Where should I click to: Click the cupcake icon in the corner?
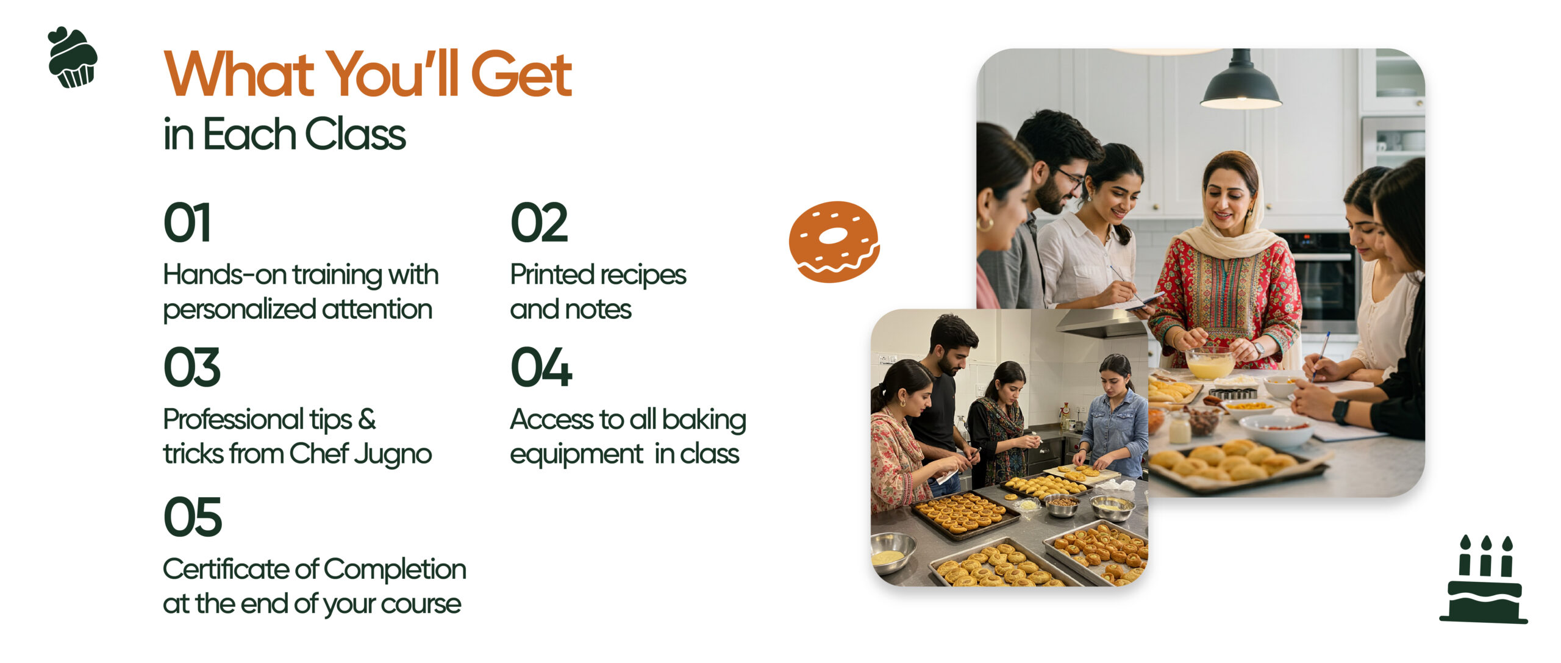[72, 57]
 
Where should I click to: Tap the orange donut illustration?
[834, 242]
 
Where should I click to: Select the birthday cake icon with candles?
[1484, 579]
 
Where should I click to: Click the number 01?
[187, 223]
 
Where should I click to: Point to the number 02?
[539, 223]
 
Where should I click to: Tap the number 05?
[193, 517]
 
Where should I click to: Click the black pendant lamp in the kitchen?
[1240, 82]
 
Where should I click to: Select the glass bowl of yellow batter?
[1210, 363]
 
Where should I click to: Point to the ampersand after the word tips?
[366, 420]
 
